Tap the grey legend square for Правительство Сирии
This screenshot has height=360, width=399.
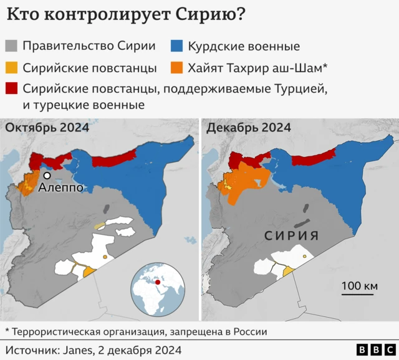click(12, 46)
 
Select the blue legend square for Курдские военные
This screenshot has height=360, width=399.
click(177, 46)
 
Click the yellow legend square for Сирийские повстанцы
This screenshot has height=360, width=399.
click(12, 67)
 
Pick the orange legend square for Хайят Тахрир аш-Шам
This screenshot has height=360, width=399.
click(177, 67)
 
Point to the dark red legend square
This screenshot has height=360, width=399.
click(12, 88)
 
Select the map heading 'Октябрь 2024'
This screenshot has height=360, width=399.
click(47, 128)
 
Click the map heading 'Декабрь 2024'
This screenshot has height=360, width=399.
click(248, 128)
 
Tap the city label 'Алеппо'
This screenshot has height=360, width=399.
click(60, 187)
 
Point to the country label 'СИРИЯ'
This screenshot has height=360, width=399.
click(292, 236)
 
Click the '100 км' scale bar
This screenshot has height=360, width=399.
click(360, 286)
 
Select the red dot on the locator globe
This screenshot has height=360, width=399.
click(158, 283)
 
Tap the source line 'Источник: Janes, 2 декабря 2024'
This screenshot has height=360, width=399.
click(94, 349)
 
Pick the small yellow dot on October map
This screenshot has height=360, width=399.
click(105, 257)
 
